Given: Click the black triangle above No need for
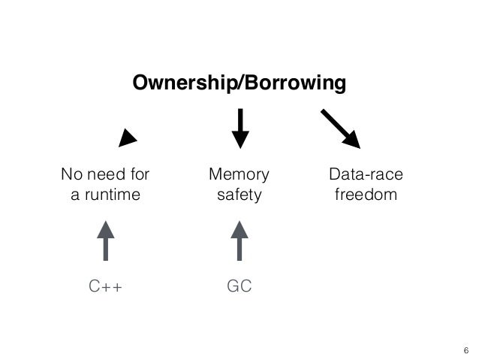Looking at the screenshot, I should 129,137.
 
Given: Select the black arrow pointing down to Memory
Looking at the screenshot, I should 239,129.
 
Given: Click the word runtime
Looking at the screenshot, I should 111,196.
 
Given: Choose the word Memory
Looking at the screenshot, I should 239,176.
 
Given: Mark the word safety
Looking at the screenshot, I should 239,196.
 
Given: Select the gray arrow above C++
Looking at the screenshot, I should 105,240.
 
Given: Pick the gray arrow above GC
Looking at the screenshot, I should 239,240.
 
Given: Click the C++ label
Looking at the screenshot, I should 105,286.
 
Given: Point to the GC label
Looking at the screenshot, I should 239,286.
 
